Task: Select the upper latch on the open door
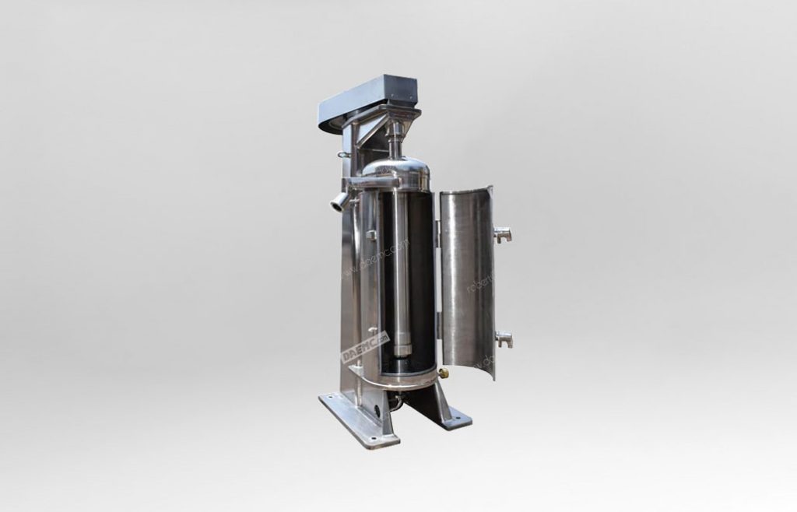503,233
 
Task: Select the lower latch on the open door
504,338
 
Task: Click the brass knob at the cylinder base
444,373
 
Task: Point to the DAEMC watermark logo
364,347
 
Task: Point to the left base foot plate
358,421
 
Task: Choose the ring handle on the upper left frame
342,155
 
